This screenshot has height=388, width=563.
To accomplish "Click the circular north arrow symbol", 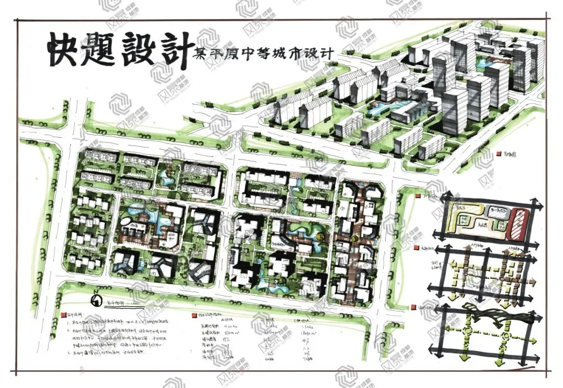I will click(96, 301).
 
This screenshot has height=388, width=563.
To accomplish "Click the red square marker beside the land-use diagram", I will click(419, 197).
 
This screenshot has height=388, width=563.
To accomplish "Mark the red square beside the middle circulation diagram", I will click(418, 248).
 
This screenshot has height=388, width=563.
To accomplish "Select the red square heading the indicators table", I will click(193, 316).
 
